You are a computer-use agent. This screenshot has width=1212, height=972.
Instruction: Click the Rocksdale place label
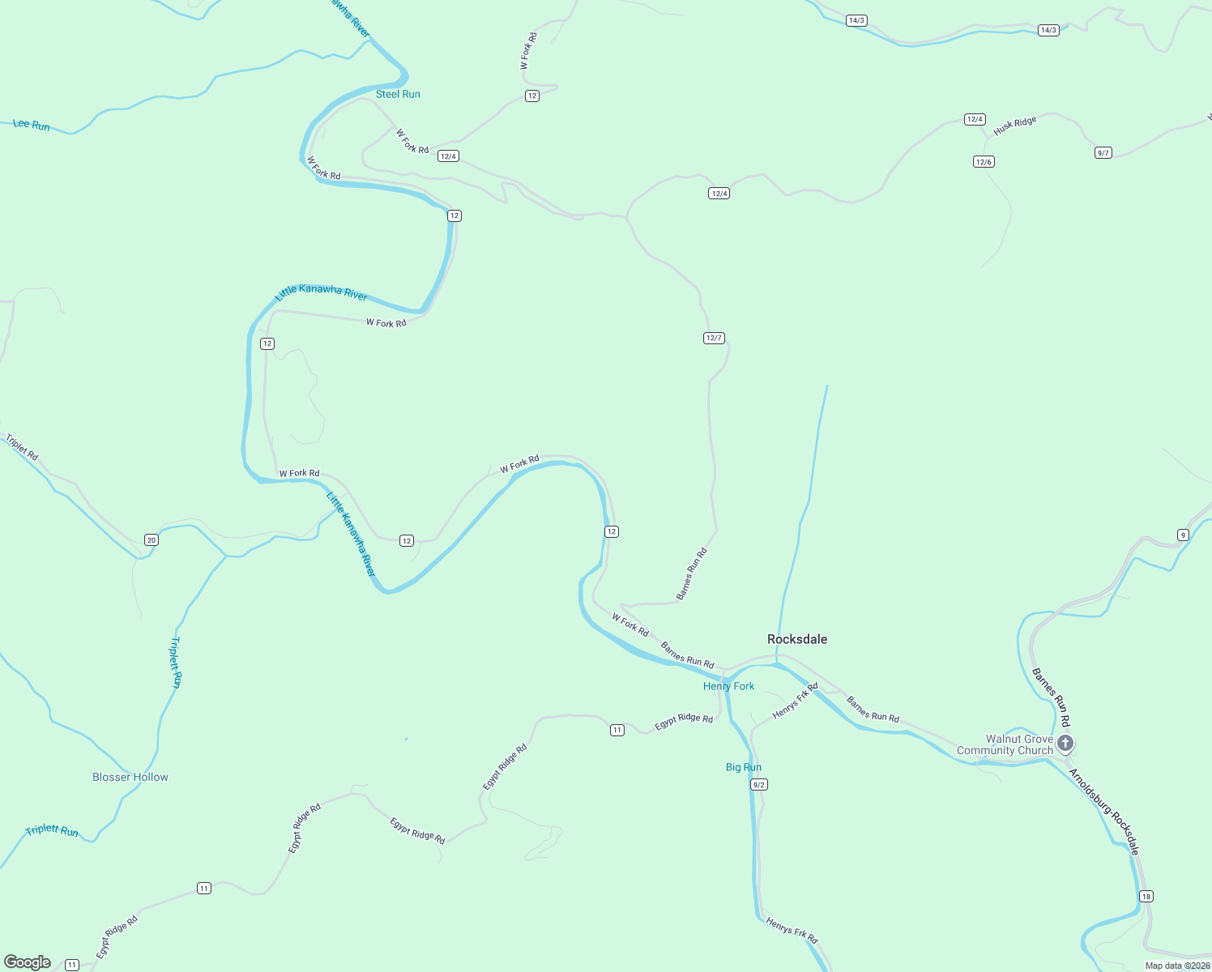click(797, 639)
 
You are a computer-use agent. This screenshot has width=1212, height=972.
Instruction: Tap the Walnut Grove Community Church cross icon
click(1065, 743)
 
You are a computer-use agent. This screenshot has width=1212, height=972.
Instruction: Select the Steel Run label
click(398, 94)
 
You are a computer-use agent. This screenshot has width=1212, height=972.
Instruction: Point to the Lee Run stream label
click(32, 125)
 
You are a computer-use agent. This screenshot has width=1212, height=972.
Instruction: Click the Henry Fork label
click(728, 686)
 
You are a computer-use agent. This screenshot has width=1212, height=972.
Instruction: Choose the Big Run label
click(743, 767)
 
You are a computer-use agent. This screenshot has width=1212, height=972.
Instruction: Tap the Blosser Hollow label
click(130, 777)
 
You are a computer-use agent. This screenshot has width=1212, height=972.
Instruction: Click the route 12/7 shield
click(714, 338)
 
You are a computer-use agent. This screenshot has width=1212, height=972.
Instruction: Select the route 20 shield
click(151, 540)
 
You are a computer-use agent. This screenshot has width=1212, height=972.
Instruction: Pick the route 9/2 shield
click(759, 785)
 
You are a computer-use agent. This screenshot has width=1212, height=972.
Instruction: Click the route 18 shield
click(1146, 896)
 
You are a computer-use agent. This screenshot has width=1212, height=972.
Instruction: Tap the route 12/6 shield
click(984, 162)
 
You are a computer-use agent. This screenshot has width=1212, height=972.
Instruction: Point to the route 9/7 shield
click(1103, 153)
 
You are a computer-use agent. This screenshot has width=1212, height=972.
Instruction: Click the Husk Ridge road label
click(1014, 126)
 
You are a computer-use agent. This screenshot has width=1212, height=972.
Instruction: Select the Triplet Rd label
click(22, 447)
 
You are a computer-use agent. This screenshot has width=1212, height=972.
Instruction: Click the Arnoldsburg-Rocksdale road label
click(1104, 812)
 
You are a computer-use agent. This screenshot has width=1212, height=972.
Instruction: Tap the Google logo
click(28, 962)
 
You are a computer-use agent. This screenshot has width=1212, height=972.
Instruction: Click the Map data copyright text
click(1176, 966)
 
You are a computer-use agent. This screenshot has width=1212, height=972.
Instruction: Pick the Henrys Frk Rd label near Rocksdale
click(795, 701)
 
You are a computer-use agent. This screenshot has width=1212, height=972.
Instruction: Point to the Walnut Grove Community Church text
click(1005, 744)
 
